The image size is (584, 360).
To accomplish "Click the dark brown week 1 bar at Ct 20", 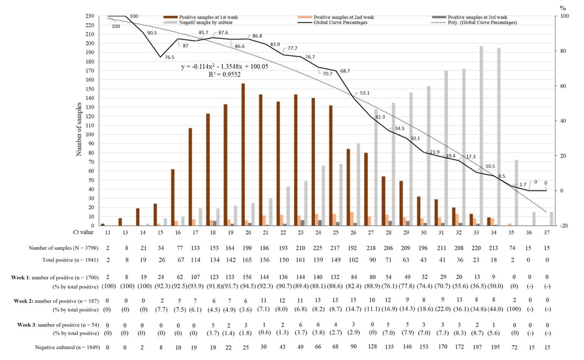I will pos(243,155).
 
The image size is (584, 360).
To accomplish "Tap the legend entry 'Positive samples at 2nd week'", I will pos(343,17).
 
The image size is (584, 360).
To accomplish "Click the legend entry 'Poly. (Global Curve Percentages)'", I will pos(482,22).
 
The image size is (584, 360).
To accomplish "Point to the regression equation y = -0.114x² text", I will pos(224,67).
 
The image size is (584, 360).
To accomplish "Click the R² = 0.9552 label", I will pos(224,74).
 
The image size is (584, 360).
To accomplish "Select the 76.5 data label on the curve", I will pos(170,57).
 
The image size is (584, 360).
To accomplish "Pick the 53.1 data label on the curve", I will pos(364,93).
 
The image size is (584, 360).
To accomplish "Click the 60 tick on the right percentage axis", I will pos(563,86).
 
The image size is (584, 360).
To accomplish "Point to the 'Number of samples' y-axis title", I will pos(79,129).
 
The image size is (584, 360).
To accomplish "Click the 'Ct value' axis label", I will pos(83,232).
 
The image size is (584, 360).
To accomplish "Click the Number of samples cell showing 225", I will pos(318,248).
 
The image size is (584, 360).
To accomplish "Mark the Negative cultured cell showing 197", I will pos(477,347).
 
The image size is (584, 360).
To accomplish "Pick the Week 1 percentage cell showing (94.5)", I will pos(248,286).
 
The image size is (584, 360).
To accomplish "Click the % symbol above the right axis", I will pos(563,8).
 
